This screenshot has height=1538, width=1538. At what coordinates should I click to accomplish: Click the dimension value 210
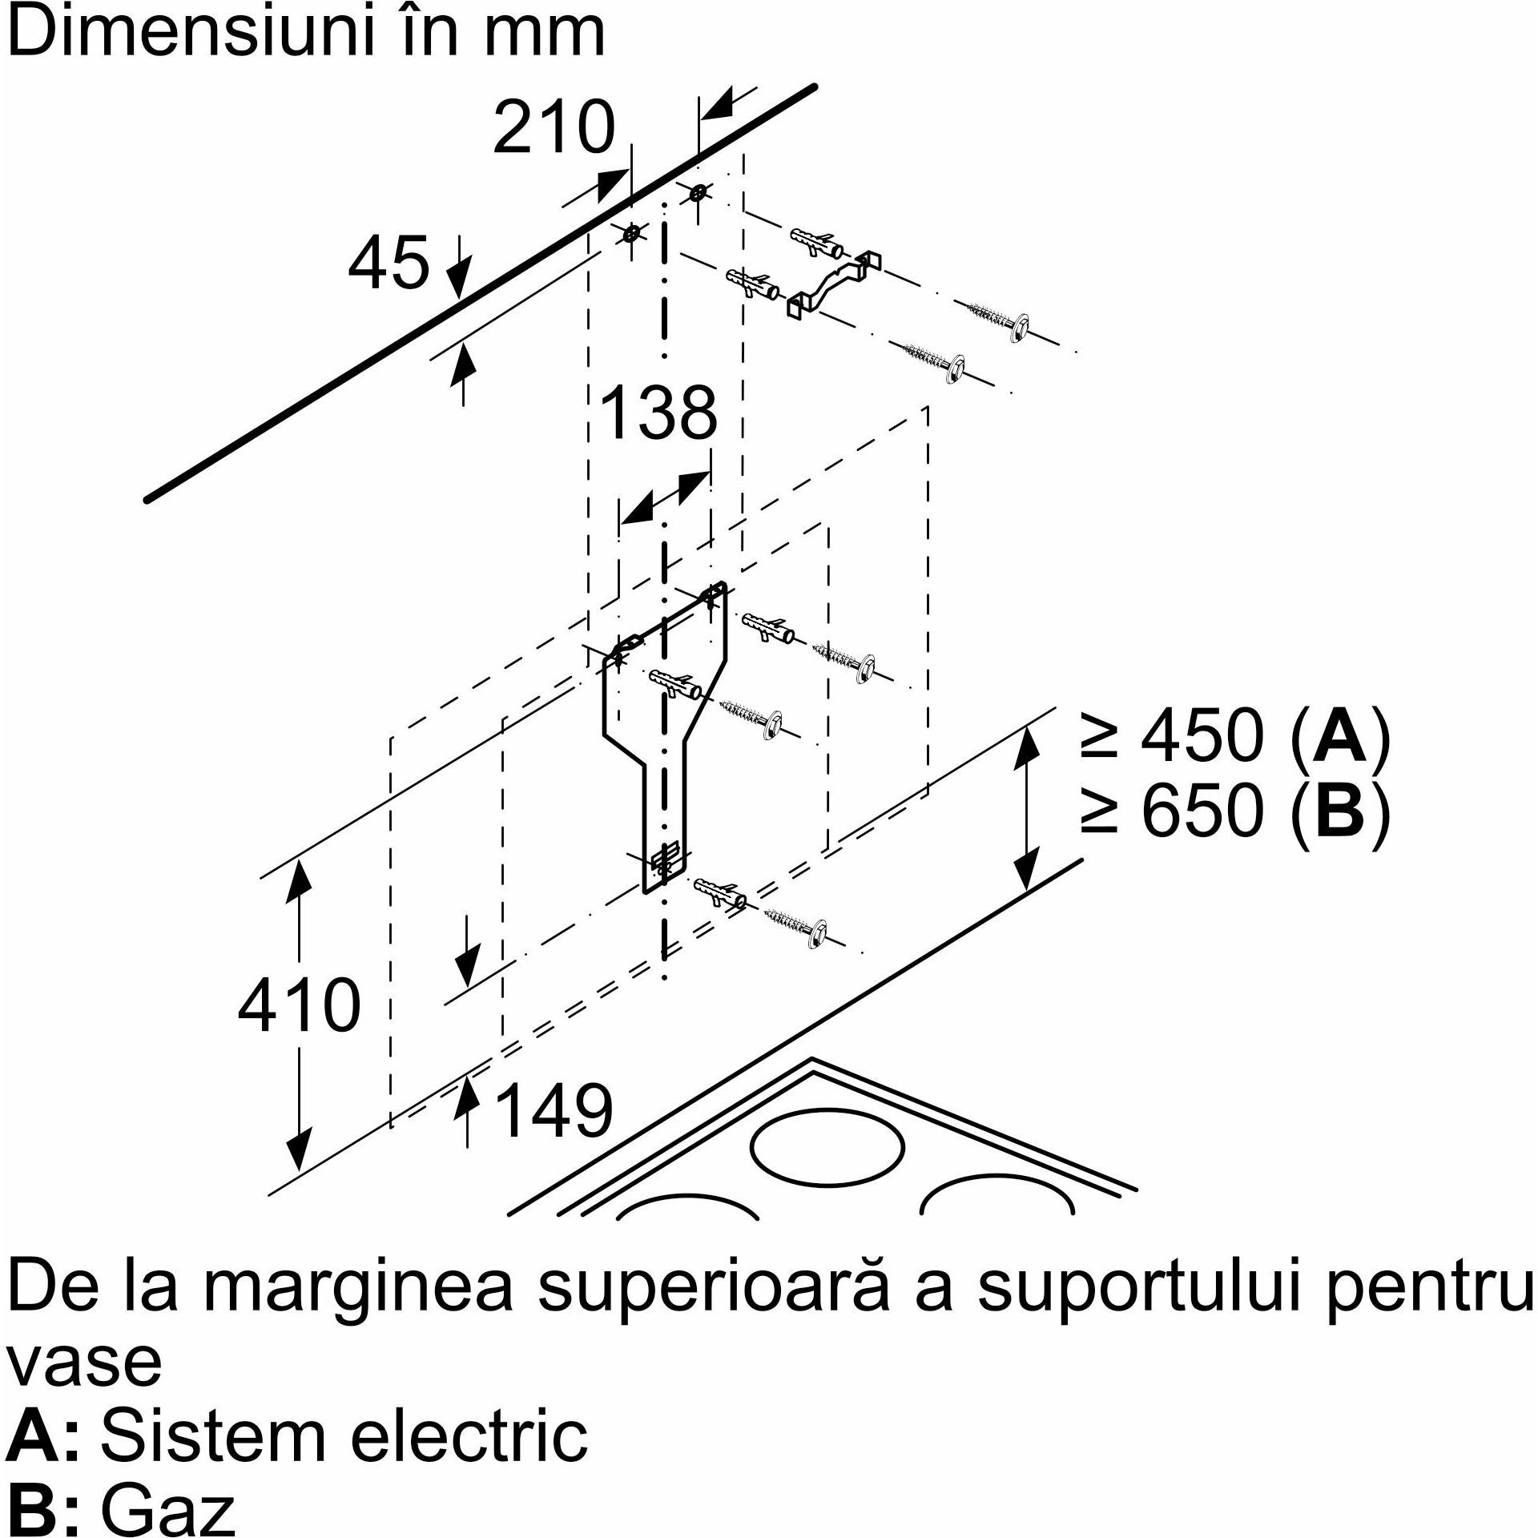point(554,129)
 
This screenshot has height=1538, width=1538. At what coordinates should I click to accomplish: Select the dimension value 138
point(658,413)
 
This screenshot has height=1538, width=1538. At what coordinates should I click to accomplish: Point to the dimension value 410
point(299,1005)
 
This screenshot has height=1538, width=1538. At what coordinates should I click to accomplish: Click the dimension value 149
point(554,1110)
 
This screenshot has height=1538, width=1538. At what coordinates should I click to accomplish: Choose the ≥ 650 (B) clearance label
point(1234,809)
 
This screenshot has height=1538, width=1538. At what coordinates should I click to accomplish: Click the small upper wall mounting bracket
point(833,284)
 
